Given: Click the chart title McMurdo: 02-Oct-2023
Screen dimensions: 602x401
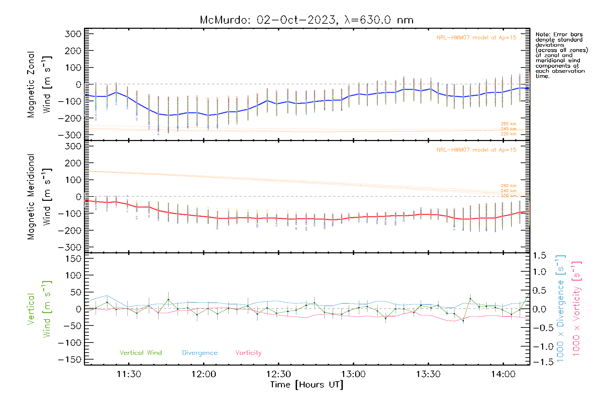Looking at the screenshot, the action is (268, 20).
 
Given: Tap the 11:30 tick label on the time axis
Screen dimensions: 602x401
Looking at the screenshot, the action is (129, 374).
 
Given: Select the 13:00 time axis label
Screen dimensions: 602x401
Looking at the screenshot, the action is (354, 374).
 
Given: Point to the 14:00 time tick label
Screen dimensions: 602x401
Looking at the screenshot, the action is (503, 374).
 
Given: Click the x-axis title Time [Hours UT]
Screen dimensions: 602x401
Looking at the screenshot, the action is (307, 385).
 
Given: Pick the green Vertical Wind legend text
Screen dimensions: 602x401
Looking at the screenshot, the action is (141, 353).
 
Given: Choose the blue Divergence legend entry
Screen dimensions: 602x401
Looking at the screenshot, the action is (200, 353).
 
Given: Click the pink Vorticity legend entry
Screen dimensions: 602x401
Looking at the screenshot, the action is (248, 353).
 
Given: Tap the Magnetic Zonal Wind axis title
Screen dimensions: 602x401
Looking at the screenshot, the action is (39, 85).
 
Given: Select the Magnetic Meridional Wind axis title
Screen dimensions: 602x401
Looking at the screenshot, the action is (39, 197).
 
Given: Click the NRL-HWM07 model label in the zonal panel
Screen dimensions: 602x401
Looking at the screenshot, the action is (476, 37).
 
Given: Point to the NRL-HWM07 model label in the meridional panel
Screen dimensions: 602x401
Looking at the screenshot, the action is (476, 150).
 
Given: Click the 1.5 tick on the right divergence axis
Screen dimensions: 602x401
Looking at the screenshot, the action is (539, 256).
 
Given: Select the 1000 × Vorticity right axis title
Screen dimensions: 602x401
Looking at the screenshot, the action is (577, 308).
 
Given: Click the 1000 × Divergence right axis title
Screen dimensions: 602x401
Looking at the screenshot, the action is (561, 308).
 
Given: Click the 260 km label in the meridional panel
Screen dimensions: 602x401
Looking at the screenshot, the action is (508, 185).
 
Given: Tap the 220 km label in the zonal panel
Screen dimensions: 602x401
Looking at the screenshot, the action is (508, 134).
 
